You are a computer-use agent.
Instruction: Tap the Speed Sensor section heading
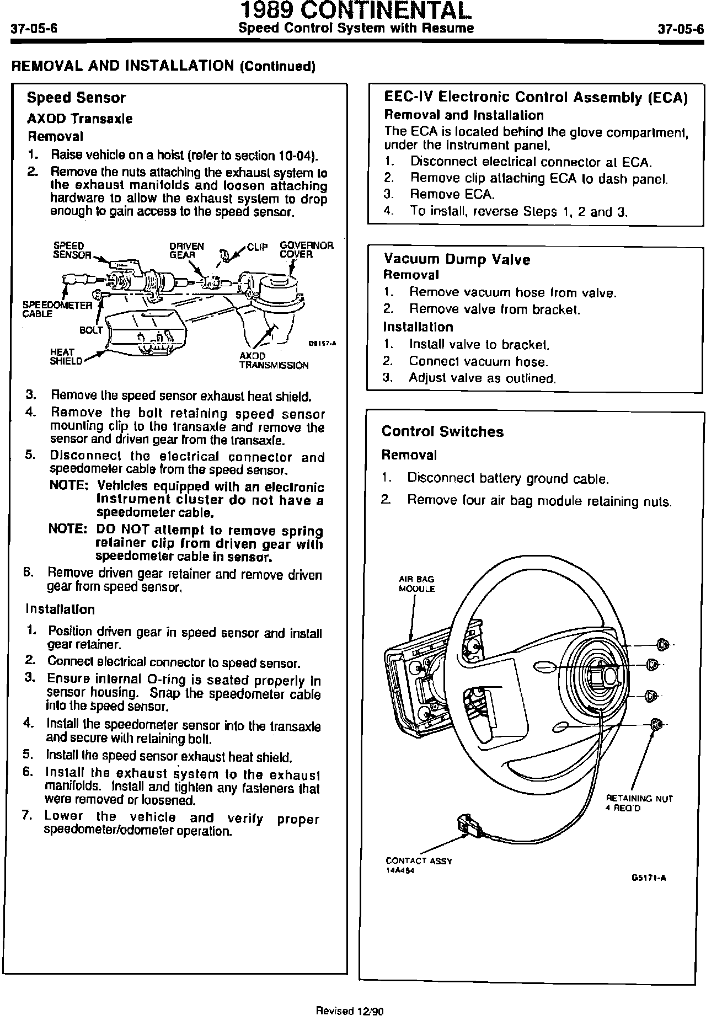[x=76, y=98]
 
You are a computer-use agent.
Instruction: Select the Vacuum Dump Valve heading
[x=457, y=259]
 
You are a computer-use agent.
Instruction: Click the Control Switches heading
[x=442, y=432]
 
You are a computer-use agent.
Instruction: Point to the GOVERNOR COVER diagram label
[x=306, y=250]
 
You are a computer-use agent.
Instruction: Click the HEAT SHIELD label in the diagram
[x=65, y=357]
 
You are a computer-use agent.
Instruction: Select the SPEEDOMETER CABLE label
[x=57, y=309]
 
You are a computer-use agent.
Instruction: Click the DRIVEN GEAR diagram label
[x=186, y=250]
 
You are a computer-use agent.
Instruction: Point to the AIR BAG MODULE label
[x=416, y=584]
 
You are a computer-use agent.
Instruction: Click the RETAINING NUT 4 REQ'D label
[x=639, y=803]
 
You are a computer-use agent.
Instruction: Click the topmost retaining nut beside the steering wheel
[x=662, y=644]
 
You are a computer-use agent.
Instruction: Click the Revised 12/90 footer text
[x=349, y=1010]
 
